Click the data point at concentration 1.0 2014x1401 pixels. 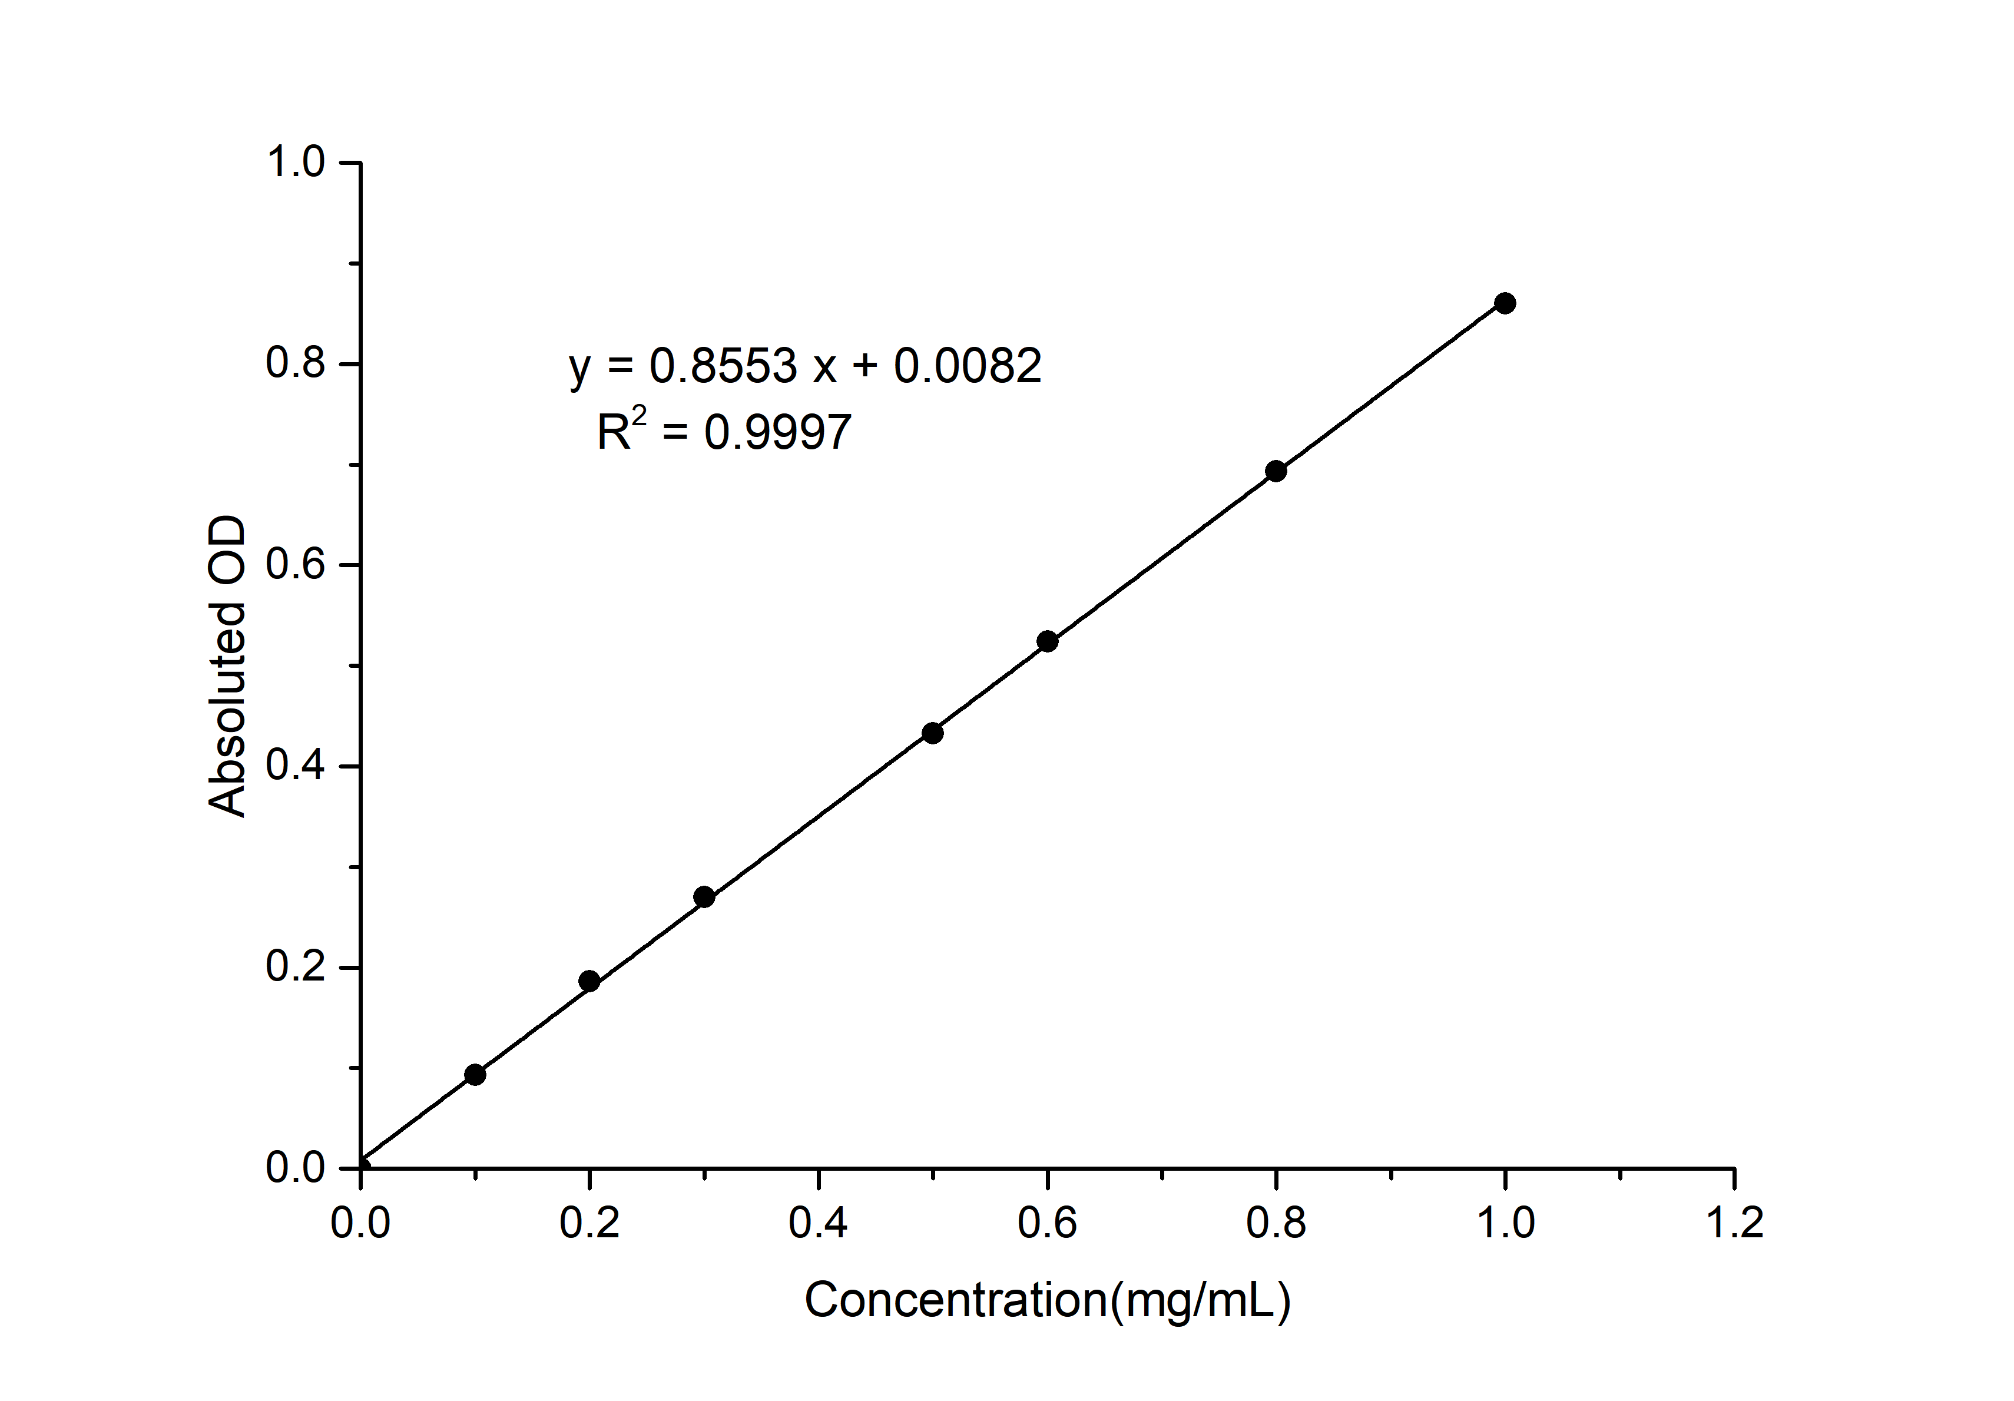[1505, 303]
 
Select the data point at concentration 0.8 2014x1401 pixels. [1276, 471]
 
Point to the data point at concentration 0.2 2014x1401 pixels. [589, 981]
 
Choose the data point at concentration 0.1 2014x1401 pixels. [475, 1075]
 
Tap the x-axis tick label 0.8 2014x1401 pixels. [1276, 1223]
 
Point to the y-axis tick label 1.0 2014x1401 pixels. [296, 163]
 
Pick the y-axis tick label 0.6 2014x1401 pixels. [296, 564]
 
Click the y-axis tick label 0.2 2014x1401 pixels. [296, 967]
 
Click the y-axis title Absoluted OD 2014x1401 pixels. [227, 667]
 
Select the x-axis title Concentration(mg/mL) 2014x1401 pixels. [1048, 1300]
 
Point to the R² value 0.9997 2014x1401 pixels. [777, 432]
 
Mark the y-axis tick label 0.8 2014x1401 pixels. [296, 363]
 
